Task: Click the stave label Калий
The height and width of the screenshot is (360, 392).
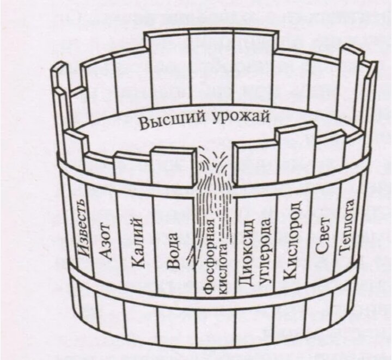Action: (x=137, y=242)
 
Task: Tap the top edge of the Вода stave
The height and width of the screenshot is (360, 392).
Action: (x=173, y=150)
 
